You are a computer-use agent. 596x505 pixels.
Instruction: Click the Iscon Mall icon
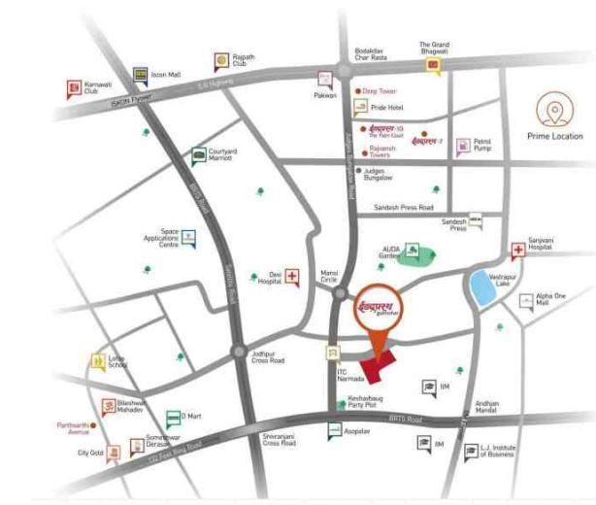click(140, 75)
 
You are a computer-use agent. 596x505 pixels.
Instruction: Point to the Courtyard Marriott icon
click(198, 153)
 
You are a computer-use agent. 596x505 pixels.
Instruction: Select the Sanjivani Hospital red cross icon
click(519, 250)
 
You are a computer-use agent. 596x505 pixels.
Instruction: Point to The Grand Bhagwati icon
click(433, 66)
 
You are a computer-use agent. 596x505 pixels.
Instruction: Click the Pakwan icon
click(324, 81)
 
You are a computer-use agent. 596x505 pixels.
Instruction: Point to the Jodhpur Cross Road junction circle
click(239, 353)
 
